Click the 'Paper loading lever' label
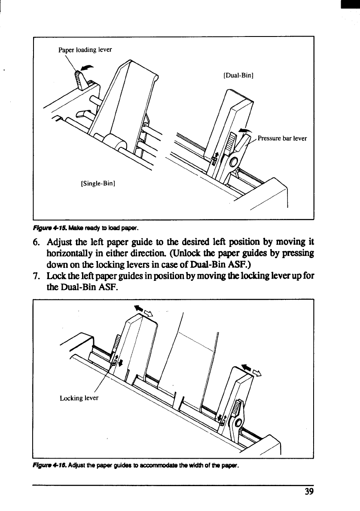coord(85,49)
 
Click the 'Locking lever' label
coord(79,398)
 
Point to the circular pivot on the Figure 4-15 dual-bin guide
coord(233,162)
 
